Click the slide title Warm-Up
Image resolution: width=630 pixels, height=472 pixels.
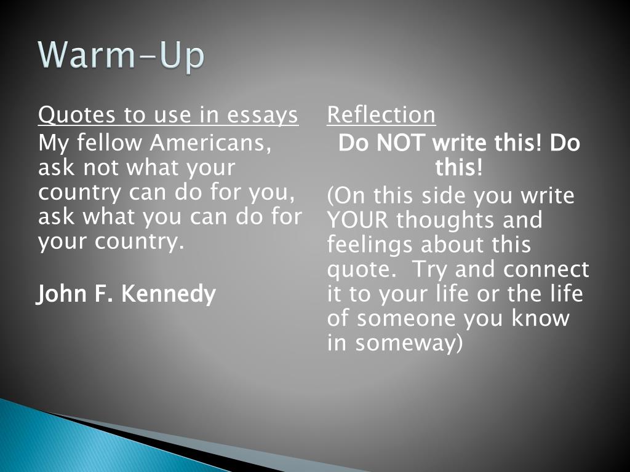(121, 55)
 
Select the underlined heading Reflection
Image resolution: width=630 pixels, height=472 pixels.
(381, 115)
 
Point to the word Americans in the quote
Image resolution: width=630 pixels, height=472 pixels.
(210, 143)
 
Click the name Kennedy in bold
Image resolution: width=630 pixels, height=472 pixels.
(169, 294)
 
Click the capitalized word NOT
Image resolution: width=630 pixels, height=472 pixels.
(400, 143)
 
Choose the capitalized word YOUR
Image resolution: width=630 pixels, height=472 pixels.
(357, 219)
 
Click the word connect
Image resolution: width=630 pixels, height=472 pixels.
(546, 269)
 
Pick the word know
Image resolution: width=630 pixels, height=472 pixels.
(540, 318)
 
